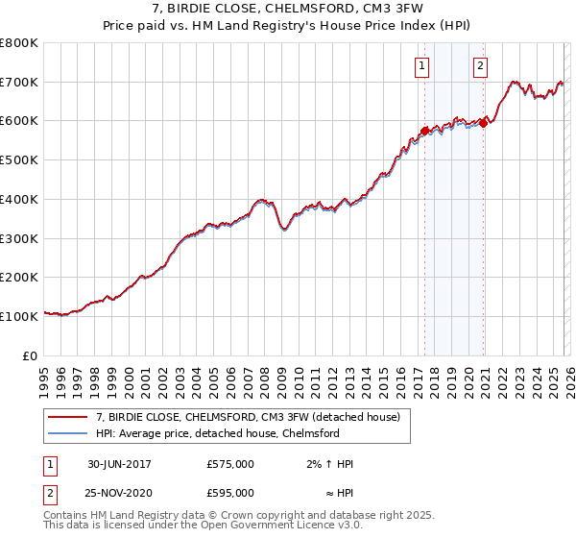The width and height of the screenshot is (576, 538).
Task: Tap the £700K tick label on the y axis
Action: [19, 83]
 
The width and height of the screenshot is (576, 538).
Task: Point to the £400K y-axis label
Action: [19, 200]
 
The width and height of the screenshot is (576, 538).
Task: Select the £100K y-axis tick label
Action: [19, 316]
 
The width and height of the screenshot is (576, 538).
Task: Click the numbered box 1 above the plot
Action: [422, 66]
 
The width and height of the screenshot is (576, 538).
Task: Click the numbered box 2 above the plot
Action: [480, 66]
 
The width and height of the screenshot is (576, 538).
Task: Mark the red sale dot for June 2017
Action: [423, 131]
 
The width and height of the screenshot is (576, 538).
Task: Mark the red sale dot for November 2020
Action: [484, 122]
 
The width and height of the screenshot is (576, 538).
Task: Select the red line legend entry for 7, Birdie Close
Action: [253, 416]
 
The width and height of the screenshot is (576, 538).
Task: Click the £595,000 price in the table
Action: [230, 493]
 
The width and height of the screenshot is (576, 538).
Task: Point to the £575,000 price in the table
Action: [230, 464]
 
